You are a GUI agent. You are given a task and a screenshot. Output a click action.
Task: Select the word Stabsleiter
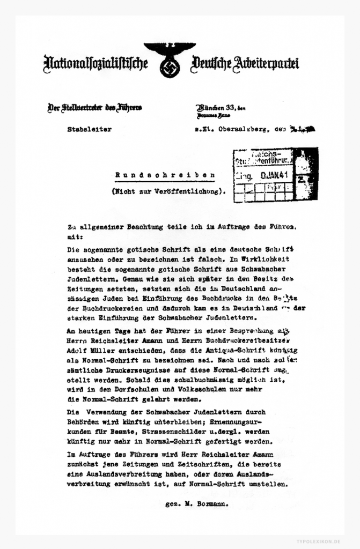click(86, 128)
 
